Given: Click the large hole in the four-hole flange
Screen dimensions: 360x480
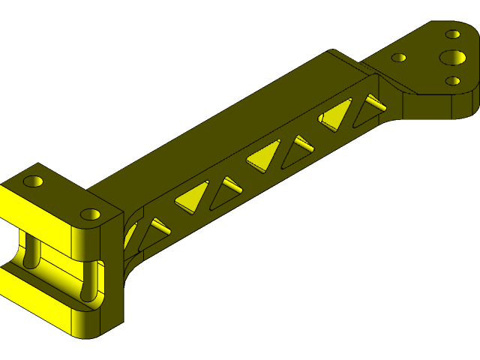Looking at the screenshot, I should pyautogui.click(x=452, y=58).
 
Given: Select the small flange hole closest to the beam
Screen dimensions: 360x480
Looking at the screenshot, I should pyautogui.click(x=399, y=57).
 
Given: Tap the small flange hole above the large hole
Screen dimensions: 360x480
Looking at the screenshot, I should pyautogui.click(x=453, y=34).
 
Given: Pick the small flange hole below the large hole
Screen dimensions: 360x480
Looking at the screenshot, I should pyautogui.click(x=452, y=80).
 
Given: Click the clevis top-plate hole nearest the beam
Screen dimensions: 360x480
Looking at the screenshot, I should pyautogui.click(x=91, y=214).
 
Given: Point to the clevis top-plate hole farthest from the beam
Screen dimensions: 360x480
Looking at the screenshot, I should pyautogui.click(x=34, y=181).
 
